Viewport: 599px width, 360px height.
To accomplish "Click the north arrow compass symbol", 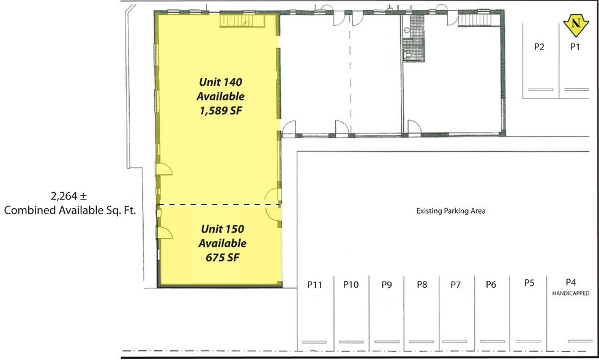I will [575, 24].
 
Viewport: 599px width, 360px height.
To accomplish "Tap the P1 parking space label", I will [575, 47].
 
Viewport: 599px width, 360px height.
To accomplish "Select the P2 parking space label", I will [539, 47].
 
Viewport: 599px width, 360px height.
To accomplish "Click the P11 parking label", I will [315, 284].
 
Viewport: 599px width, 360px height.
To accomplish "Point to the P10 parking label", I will [351, 284].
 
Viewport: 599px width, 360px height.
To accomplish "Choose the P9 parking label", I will [386, 284].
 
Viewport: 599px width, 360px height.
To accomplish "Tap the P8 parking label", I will [422, 284].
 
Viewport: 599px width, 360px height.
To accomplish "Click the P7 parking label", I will [455, 284].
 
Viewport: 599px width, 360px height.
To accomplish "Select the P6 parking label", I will [491, 284].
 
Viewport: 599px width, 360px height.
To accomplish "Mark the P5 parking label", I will [530, 282].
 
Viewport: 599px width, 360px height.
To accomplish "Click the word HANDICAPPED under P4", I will [571, 293].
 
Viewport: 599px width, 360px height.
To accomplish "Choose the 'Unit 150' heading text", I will [223, 229].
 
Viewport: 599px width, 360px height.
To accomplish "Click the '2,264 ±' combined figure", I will [69, 197].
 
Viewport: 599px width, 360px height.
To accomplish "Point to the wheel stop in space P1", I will [576, 89].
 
